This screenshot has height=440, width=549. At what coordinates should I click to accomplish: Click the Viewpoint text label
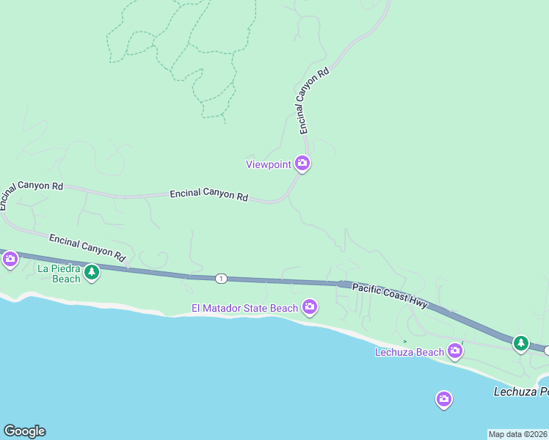pos(268,164)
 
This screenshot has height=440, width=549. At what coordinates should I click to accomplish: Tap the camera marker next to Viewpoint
pos(302,163)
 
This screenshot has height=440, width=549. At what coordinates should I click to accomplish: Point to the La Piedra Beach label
pos(59,274)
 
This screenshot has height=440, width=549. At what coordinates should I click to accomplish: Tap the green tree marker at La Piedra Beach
pos(91,274)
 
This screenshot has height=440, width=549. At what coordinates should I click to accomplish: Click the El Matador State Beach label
pos(244,308)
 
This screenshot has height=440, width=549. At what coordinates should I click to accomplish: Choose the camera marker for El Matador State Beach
pos(310,307)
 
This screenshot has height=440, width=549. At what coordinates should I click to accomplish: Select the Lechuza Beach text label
pos(410,352)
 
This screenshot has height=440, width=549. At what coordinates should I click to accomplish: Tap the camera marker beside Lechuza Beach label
pos(455,351)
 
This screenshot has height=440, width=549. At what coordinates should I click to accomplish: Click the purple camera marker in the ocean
pos(443,399)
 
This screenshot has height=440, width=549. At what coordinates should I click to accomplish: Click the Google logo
pos(24,431)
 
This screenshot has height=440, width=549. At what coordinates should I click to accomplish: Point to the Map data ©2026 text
pos(518,434)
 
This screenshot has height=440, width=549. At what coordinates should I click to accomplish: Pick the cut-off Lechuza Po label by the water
pos(520,392)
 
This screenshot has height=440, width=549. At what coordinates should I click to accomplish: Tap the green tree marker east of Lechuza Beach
pos(521,342)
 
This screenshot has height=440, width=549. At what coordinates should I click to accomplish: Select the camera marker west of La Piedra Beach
pos(10,258)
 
